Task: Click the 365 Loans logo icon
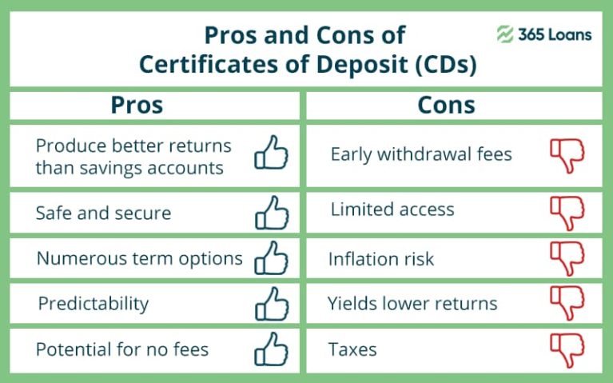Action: point(505,34)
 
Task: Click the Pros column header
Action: point(137,105)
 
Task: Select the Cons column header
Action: point(446,105)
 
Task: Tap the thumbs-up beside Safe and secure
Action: point(272,213)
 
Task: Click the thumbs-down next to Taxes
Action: point(567,350)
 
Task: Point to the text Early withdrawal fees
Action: point(421,154)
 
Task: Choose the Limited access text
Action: point(392,209)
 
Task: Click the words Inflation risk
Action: point(381,259)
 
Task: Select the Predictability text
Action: point(94,304)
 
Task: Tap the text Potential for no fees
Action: point(122,349)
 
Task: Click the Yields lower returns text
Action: point(412,303)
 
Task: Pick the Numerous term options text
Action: point(140,259)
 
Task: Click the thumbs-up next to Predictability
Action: point(272,304)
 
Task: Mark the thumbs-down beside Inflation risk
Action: point(567,258)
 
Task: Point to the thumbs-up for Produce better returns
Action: point(271,152)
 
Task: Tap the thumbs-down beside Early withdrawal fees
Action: point(567,156)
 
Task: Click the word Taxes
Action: point(352,349)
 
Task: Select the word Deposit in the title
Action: point(362,65)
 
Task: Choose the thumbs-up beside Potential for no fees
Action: point(271,349)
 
